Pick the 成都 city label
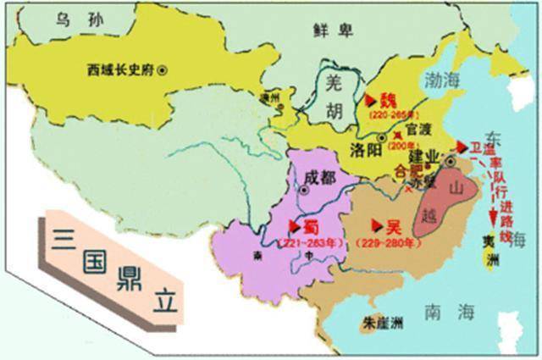tap(318, 177)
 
